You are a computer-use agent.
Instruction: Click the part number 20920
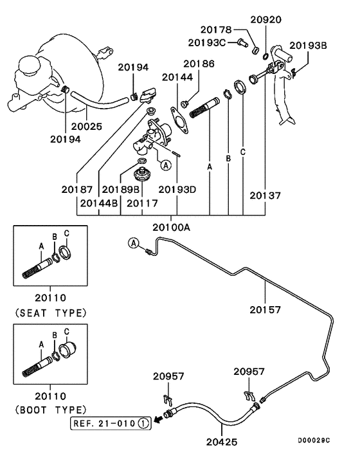[x=265, y=20]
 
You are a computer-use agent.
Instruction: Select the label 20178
[x=216, y=30]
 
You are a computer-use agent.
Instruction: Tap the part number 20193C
[x=207, y=43]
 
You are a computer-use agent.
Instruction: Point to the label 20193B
[x=308, y=46]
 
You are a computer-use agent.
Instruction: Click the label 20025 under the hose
[x=87, y=127]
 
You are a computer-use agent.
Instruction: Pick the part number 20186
[x=199, y=64]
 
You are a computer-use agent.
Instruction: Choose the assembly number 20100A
[x=171, y=228]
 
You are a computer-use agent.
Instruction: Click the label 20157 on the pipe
[x=265, y=310]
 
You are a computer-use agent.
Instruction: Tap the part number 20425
[x=222, y=442]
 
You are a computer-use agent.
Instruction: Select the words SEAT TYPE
[x=51, y=313]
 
